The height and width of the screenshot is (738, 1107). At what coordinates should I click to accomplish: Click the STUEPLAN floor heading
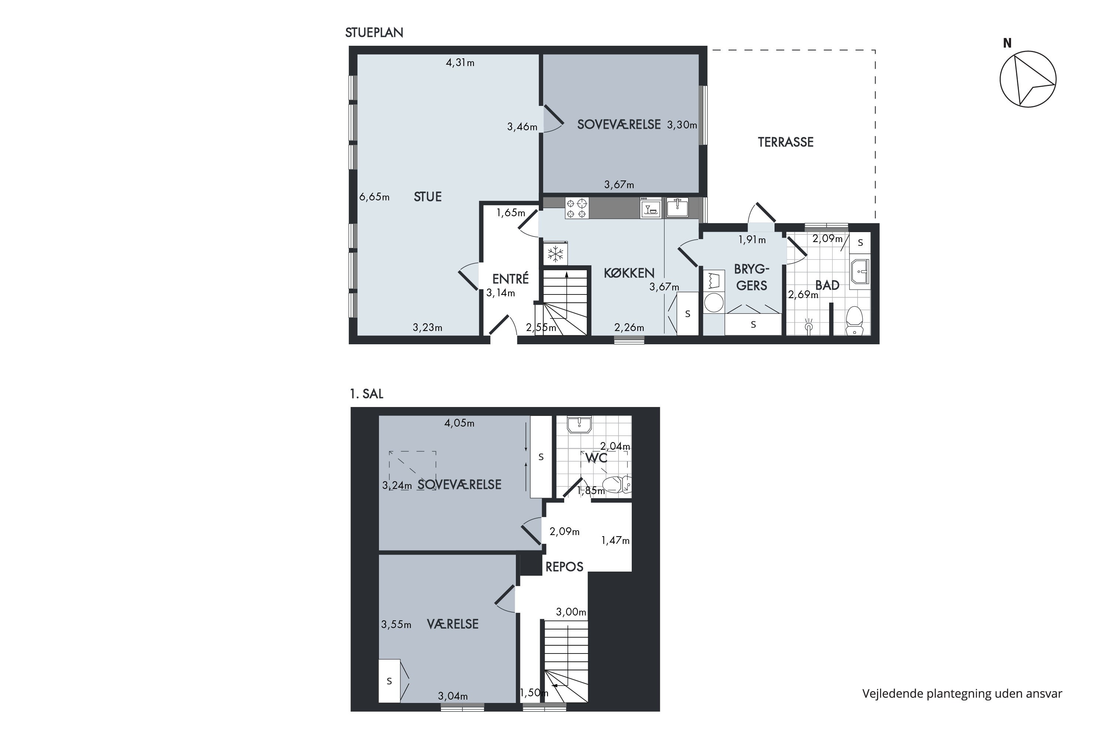coord(374,32)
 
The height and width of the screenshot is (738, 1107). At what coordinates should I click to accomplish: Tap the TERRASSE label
coord(786,142)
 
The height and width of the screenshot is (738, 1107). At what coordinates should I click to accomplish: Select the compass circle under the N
coord(1028,79)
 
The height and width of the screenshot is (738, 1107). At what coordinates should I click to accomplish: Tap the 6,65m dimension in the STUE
coord(374,197)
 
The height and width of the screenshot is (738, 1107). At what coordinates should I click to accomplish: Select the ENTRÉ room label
coord(511,279)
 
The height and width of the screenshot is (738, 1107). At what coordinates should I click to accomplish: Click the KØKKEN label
coord(629,273)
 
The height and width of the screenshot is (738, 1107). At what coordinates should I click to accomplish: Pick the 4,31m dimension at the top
coord(460,63)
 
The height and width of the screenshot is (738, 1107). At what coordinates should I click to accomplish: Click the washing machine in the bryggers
coord(714,303)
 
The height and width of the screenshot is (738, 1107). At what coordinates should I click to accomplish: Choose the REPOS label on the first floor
coord(564,567)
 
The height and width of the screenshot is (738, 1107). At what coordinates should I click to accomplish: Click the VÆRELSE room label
coord(452,624)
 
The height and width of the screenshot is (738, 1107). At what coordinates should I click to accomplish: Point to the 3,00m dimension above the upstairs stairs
coord(571,612)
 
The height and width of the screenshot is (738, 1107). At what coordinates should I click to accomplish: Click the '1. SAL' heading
coord(367,394)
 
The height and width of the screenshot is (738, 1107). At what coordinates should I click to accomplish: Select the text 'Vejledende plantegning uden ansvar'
coord(962,693)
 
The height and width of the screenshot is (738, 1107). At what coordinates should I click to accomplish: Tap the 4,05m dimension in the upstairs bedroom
coord(459,423)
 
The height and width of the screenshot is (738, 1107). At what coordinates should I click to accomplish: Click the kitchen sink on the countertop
coord(677,207)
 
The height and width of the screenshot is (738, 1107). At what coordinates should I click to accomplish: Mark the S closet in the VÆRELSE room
coord(389,681)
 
